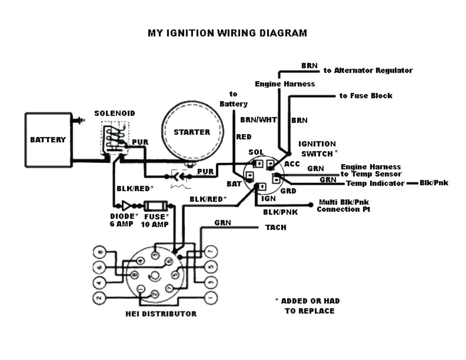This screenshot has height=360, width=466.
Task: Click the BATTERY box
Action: click(48, 140)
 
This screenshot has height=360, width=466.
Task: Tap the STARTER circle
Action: click(192, 132)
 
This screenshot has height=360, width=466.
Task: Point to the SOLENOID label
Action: click(115, 113)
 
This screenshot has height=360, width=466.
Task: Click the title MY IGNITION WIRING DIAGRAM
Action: click(227, 33)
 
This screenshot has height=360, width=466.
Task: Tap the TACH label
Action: click(276, 227)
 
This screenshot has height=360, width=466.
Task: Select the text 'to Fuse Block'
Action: click(365, 96)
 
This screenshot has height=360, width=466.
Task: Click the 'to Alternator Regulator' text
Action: click(368, 71)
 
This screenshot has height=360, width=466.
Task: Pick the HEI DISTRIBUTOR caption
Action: click(161, 314)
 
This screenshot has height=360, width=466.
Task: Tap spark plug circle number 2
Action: click(98, 299)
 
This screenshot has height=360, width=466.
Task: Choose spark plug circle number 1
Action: click(210, 299)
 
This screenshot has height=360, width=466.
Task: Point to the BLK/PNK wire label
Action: click(280, 212)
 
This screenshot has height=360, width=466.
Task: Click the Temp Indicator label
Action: click(375, 183)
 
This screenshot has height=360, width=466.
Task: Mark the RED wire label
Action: click(243, 137)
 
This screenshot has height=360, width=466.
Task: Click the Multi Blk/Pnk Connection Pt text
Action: click(344, 206)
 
